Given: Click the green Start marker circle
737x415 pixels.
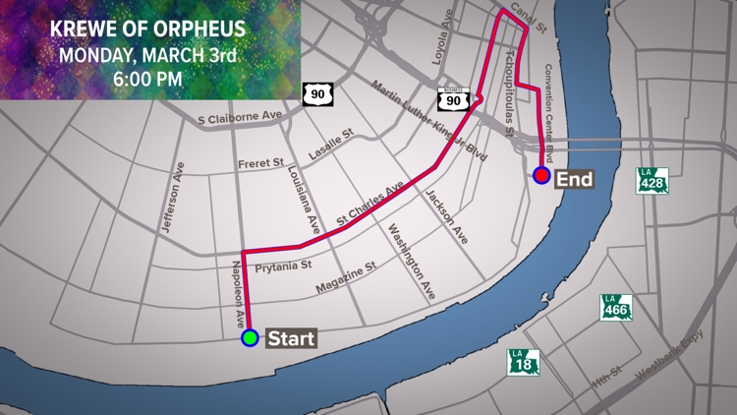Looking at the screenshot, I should tap(250, 338).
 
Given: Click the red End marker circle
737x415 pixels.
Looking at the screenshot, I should tap(541, 176).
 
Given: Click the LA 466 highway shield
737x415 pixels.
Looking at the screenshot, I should tap(615, 306).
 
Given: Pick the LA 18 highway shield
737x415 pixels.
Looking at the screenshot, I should tap(523, 361).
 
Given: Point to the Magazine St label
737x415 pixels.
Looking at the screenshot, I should tap(346, 278).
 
